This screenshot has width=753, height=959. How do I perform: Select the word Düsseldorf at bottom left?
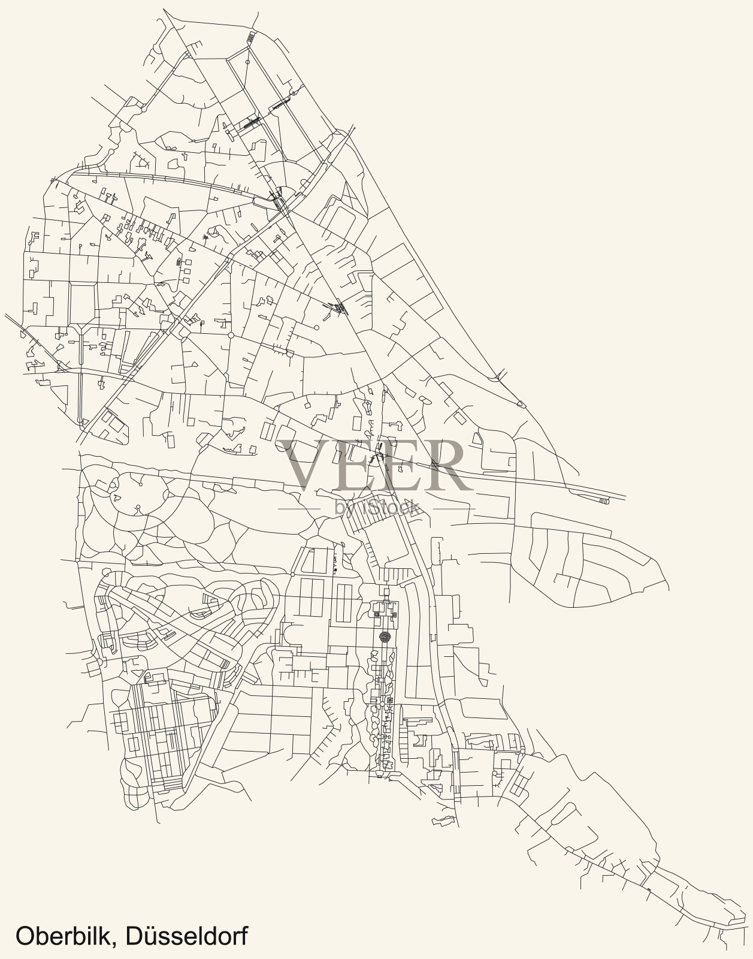[x=187, y=936]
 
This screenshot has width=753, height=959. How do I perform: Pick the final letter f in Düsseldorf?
[x=243, y=936]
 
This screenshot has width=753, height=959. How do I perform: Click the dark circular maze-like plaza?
[x=384, y=636]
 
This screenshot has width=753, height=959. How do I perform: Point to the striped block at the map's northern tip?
[x=250, y=37]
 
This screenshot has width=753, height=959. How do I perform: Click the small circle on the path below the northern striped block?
[x=247, y=61]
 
